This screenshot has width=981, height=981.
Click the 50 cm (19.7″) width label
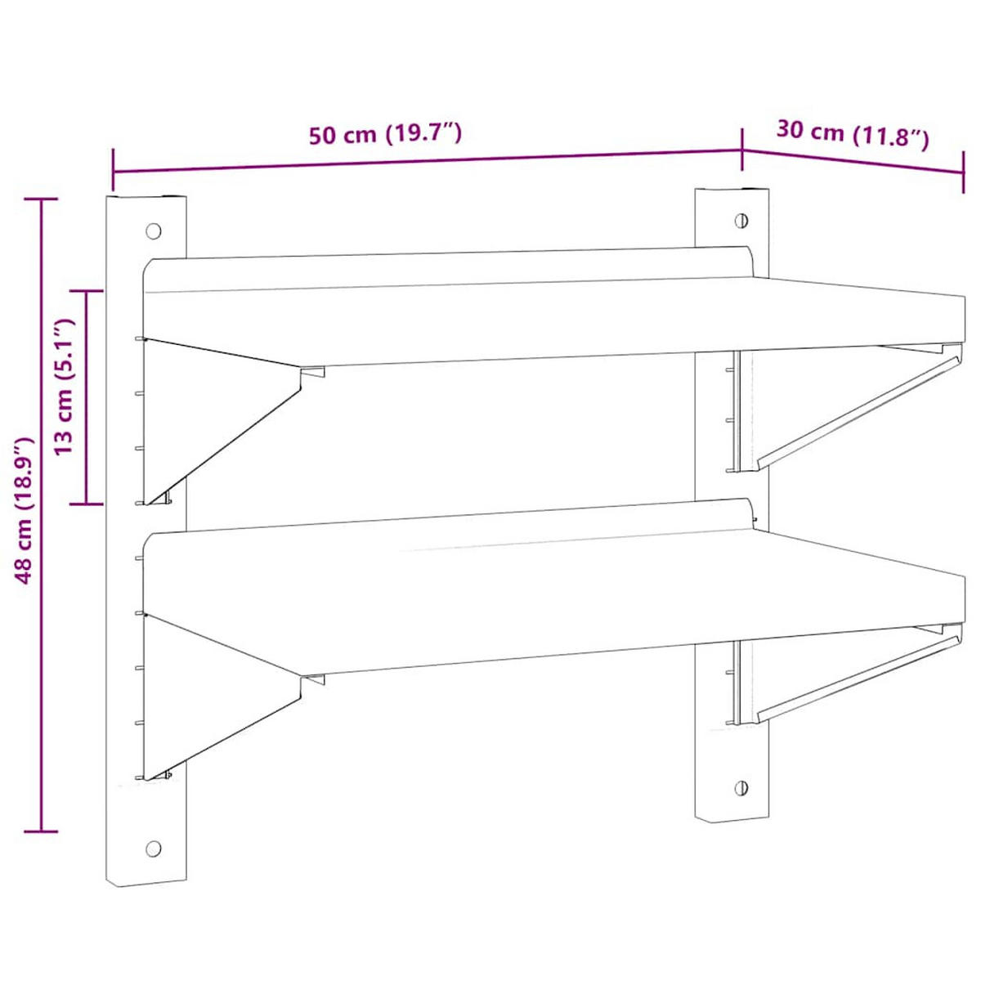pyautogui.click(x=386, y=133)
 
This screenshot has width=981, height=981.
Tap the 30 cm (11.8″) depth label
pyautogui.click(x=852, y=133)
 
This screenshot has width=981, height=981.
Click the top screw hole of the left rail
pyautogui.click(x=153, y=231)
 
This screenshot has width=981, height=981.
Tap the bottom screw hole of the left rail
pyautogui.click(x=153, y=848)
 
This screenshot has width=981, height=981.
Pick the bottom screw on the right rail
pyautogui.click(x=741, y=788)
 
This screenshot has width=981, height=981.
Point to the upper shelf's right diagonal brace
pyautogui.click(x=858, y=409)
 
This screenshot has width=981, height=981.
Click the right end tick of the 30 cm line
pyautogui.click(x=963, y=172)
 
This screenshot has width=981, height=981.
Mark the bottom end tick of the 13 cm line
pyautogui.click(x=87, y=504)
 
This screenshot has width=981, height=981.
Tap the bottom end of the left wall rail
pyautogui.click(x=146, y=879)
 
